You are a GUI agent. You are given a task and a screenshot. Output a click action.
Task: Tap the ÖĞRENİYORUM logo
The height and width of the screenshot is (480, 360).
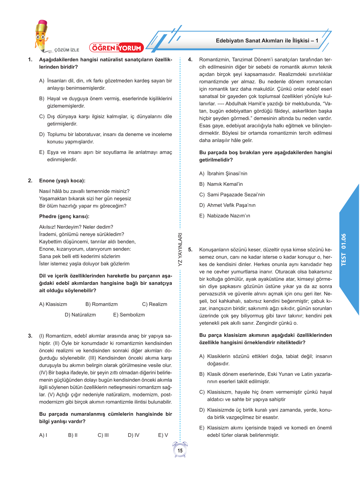tap(117, 48)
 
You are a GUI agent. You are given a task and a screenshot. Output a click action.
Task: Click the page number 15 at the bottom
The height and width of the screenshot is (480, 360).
tap(180, 451)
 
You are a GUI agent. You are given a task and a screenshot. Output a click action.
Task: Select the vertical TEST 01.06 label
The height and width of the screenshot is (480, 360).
tap(343, 250)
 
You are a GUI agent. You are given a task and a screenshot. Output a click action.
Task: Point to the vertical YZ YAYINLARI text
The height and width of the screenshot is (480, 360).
tap(180, 249)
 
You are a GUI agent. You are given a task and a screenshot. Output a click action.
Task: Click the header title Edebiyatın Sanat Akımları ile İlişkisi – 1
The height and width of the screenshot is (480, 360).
tap(267, 41)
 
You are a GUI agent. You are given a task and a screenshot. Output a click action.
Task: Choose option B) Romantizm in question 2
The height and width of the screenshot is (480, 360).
tap(101, 304)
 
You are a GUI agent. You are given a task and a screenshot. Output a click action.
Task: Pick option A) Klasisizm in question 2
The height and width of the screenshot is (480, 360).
tap(53, 304)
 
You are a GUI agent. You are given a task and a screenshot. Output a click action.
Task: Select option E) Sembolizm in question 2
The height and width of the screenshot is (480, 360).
tap(129, 315)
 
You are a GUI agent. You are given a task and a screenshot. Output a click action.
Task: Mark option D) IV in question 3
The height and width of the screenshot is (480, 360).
tap(134, 435)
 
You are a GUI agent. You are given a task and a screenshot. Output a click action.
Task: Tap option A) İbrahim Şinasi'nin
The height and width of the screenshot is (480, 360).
tap(223, 173)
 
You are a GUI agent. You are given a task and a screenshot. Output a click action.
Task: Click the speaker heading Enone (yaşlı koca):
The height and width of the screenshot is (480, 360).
tap(62, 181)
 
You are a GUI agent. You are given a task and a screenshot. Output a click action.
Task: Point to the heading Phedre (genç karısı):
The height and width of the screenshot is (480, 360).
tap(64, 216)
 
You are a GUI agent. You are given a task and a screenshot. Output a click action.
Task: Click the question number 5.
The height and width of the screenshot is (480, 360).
tap(190, 250)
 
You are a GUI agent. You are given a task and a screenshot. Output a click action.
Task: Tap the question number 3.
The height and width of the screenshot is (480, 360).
tap(30, 336)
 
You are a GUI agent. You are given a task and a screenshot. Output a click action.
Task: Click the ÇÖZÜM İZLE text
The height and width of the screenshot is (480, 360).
tap(67, 50)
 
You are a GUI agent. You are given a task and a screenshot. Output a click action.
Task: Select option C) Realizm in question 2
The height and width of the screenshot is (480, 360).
tap(154, 304)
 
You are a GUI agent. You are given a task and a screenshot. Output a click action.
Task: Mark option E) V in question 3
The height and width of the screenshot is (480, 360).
tap(163, 435)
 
